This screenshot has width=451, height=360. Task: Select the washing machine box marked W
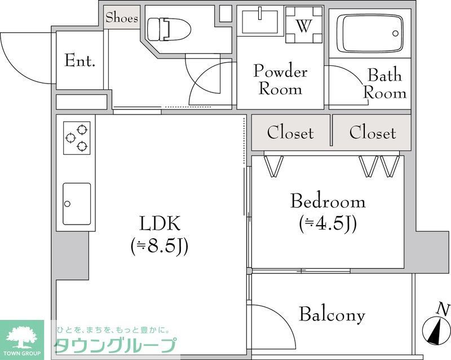click(x=304, y=25)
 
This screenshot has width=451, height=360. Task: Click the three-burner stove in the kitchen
click(x=77, y=137)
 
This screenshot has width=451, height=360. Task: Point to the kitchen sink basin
click(x=76, y=203)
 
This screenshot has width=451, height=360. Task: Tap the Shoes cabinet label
click(x=122, y=17)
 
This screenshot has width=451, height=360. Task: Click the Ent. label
click(x=79, y=60)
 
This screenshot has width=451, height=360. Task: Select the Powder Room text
click(x=280, y=80)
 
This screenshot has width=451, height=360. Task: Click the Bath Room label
click(x=384, y=84)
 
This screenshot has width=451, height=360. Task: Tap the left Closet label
click(x=290, y=133)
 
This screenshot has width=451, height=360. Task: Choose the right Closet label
click(x=372, y=133)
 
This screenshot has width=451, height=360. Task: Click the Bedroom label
click(x=328, y=201)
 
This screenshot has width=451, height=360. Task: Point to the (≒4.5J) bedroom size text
click(x=328, y=224)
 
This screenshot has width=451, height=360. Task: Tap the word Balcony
click(x=331, y=315)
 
